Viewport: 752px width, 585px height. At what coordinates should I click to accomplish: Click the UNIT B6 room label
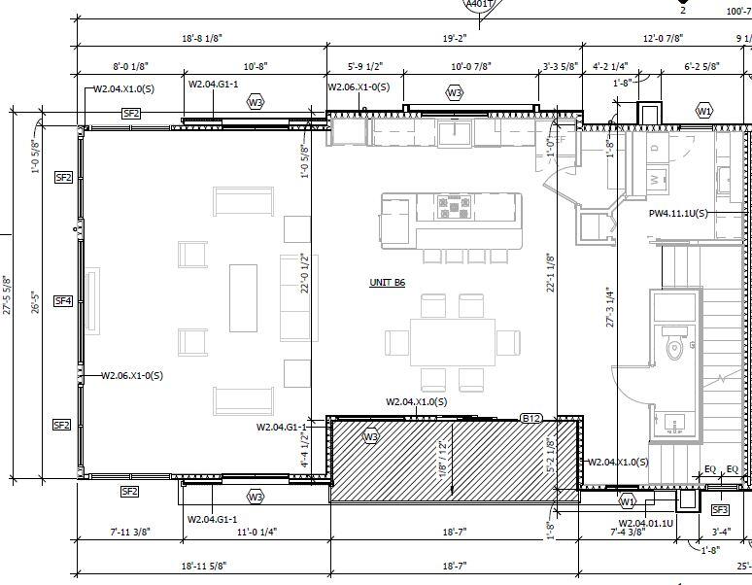[387, 283]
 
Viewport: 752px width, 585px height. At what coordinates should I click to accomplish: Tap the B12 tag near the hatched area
[531, 419]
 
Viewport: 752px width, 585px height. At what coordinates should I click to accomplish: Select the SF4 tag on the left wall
[62, 301]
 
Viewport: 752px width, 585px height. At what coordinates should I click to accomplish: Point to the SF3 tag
[720, 509]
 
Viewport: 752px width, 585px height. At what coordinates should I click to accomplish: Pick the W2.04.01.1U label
[632, 521]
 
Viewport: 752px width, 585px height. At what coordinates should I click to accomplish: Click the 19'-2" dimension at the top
[455, 38]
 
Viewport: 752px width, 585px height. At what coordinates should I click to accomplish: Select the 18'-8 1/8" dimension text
[202, 38]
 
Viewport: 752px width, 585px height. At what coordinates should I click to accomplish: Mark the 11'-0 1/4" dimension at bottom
[256, 533]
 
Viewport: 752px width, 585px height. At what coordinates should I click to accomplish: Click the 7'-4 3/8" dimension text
[628, 533]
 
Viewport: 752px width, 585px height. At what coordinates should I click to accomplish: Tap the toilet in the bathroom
[675, 348]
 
